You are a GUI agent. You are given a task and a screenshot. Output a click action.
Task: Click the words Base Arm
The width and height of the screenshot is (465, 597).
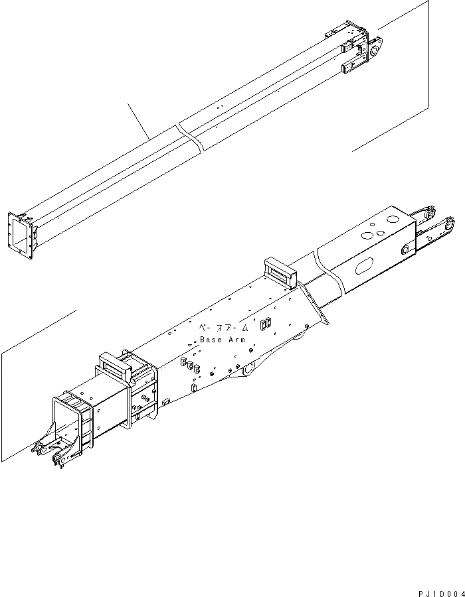click(x=223, y=340)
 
